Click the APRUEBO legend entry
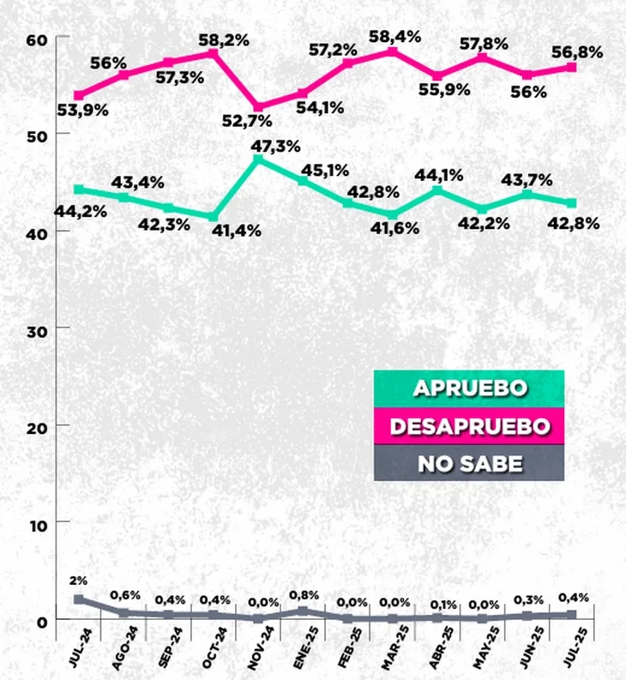(469, 387)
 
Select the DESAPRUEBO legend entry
(469, 425)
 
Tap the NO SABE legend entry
(469, 464)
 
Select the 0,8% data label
(304, 593)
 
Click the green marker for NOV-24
(258, 159)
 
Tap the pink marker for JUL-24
(79, 95)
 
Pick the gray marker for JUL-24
(79, 599)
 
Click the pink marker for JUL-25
(571, 67)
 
